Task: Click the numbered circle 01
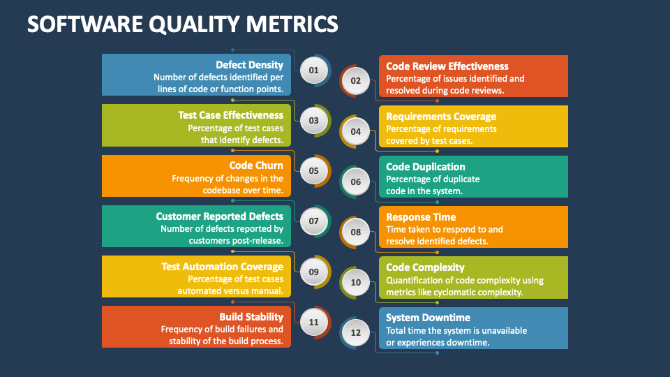[313, 70]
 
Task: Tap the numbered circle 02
[356, 80]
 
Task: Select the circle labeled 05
[313, 170]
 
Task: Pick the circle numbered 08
[356, 232]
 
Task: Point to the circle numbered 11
[313, 322]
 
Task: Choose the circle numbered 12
[356, 332]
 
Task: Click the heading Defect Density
[249, 65]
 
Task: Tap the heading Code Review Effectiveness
[447, 66]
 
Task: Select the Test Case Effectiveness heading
[230, 115]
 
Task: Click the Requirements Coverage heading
[441, 117]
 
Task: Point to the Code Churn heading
[256, 165]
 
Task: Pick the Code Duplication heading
[426, 167]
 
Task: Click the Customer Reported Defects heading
[219, 216]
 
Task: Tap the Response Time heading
[421, 217]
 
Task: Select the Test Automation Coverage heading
[222, 267]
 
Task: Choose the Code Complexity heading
[425, 267]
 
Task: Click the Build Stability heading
[251, 317]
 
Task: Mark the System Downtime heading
[429, 318]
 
